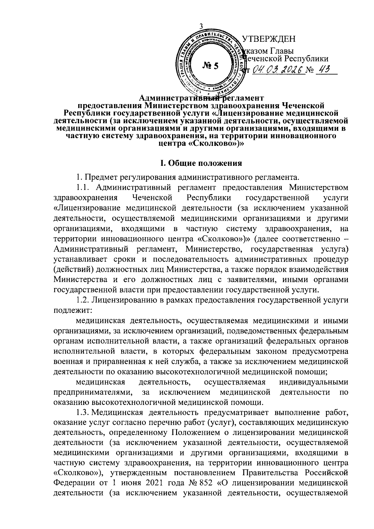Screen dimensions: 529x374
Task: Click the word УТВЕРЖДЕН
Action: (269, 40)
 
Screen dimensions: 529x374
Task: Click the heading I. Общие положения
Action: (201, 163)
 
